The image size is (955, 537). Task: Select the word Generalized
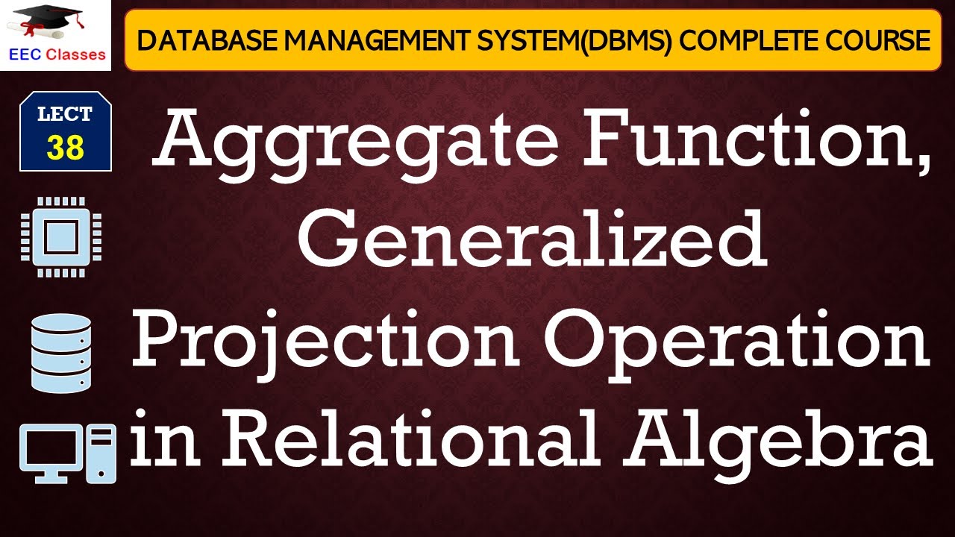(x=531, y=237)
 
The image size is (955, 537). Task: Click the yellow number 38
(x=66, y=148)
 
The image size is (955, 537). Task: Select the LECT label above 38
(x=66, y=115)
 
